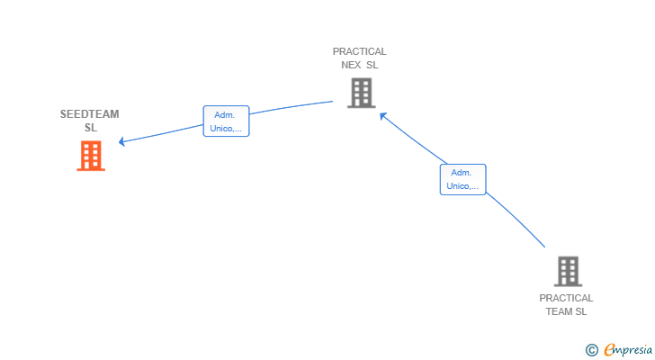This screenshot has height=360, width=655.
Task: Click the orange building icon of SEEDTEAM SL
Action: (91, 156)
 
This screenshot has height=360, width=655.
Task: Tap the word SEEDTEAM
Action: (90, 114)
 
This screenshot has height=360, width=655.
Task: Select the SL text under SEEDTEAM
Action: (90, 128)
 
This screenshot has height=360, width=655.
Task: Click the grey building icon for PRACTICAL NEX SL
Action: (361, 92)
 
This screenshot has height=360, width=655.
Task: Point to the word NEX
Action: (351, 65)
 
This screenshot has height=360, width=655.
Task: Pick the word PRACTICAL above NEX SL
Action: (360, 51)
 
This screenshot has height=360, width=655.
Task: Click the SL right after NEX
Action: (372, 65)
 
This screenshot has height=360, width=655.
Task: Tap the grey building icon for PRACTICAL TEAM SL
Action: (567, 271)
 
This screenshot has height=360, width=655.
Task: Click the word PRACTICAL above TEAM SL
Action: (566, 298)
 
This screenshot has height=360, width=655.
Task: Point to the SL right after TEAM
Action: (581, 311)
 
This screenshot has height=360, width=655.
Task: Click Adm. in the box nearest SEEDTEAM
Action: (225, 114)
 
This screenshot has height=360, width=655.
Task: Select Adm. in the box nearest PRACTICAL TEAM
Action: (462, 173)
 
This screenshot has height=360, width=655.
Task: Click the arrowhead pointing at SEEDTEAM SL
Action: (122, 141)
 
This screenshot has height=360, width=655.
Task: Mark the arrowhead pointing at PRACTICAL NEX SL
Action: (382, 114)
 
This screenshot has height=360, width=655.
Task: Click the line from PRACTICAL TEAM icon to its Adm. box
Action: (517, 221)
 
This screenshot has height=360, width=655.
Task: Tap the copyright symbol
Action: (591, 349)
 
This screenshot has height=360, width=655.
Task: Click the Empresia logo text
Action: (628, 349)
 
